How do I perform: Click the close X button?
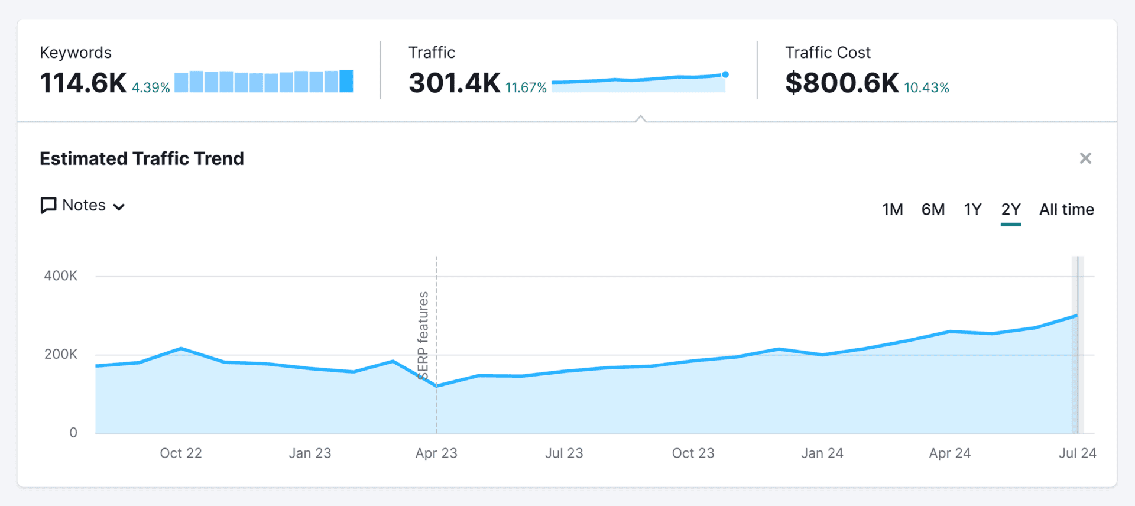click(1085, 158)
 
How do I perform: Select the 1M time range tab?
click(892, 209)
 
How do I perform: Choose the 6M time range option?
click(933, 209)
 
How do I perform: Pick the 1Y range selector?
click(972, 209)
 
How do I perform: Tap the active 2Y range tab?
click(1011, 209)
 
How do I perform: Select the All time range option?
click(1066, 209)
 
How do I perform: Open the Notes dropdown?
click(83, 205)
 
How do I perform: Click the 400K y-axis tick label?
click(60, 275)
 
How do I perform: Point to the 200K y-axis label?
click(60, 354)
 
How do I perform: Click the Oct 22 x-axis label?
click(181, 453)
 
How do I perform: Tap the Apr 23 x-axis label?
click(436, 453)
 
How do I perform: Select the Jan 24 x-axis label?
click(822, 453)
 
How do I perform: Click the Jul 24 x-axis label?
click(1077, 453)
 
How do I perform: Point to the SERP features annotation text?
click(423, 335)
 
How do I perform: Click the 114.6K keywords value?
click(83, 83)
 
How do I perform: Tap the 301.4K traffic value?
click(454, 83)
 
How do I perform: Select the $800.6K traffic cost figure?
click(842, 83)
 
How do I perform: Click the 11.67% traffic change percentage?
click(526, 87)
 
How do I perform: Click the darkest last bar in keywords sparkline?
click(346, 81)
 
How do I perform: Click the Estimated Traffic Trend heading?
click(142, 158)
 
